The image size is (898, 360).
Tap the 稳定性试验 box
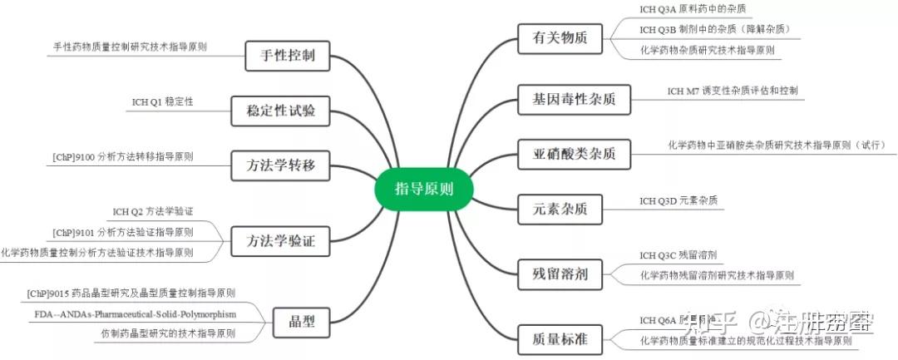coord(281,110)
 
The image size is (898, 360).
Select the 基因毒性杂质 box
coord(574,98)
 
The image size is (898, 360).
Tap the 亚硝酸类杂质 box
coord(574,154)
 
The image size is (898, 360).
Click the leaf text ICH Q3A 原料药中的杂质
coord(693,9)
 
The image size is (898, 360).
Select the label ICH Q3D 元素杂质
coord(678,201)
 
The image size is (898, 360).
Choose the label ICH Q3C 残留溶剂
coord(678,254)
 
